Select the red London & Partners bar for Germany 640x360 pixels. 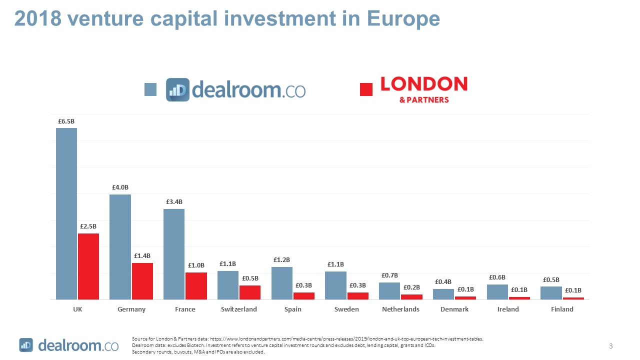[142, 281]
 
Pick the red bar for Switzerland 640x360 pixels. [250, 292]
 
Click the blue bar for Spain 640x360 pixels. [282, 283]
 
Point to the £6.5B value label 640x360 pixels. [66, 121]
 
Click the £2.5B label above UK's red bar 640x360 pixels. [88, 226]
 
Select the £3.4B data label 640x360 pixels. [174, 202]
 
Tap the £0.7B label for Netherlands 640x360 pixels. [389, 275]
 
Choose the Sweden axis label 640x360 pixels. [346, 309]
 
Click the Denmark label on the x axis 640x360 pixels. [454, 309]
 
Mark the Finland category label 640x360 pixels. [562, 309]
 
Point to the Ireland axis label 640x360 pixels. [508, 309]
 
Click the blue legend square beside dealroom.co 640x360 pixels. [150, 89]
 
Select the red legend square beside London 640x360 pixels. [366, 89]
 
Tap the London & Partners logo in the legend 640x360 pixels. [424, 89]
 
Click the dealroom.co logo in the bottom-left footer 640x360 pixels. [69, 345]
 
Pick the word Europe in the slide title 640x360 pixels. [403, 18]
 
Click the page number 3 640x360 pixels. [611, 346]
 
